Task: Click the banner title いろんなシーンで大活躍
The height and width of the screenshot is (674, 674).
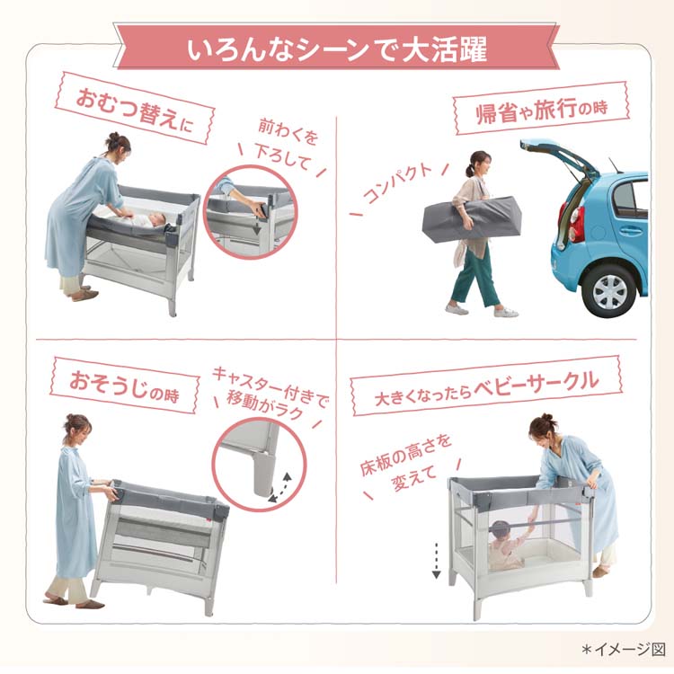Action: [337, 49]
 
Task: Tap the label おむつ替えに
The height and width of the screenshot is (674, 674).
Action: [135, 109]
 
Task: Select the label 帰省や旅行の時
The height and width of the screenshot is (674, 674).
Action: [542, 109]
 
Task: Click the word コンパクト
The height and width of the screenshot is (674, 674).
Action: [397, 183]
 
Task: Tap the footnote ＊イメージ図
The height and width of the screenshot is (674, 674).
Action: [624, 649]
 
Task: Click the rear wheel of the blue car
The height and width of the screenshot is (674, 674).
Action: [609, 292]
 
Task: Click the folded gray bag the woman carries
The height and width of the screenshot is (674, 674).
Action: [472, 219]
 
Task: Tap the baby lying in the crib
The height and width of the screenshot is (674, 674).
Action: [148, 220]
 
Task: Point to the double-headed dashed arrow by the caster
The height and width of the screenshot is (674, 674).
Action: [279, 487]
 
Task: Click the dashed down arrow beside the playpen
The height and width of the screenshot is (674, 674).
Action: [436, 560]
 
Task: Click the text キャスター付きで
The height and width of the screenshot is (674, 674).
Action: [270, 386]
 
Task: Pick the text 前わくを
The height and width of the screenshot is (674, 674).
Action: [288, 131]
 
